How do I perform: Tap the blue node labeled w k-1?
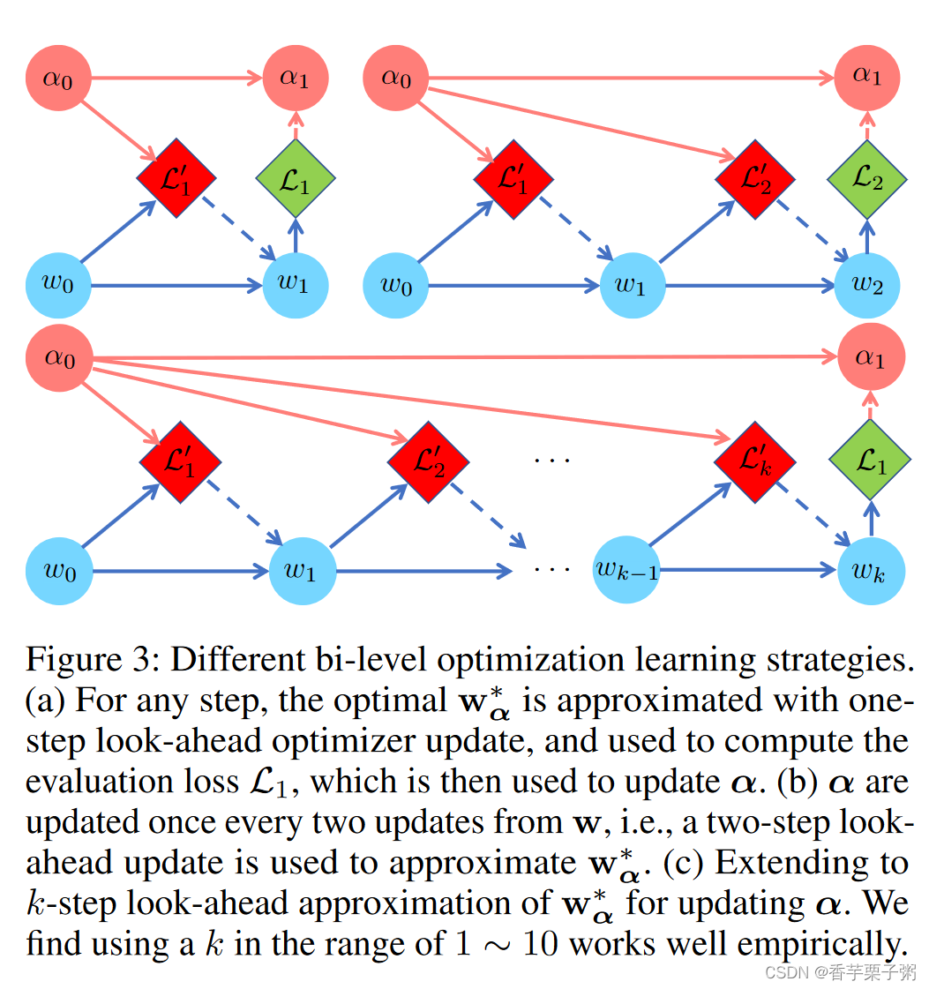(x=626, y=570)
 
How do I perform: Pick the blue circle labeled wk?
(x=870, y=570)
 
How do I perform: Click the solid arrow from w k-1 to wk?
(x=750, y=571)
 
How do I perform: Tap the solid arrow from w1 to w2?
(x=750, y=286)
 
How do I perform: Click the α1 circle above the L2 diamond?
(x=866, y=77)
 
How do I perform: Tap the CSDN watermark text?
(x=782, y=971)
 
